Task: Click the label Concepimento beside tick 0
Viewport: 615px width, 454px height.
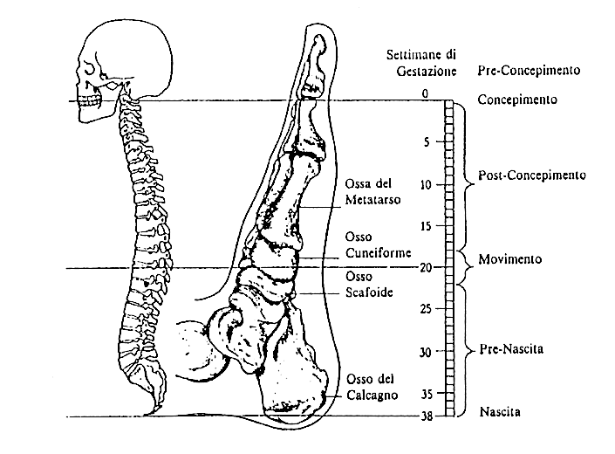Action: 517,100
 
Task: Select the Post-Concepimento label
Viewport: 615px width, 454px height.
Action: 531,175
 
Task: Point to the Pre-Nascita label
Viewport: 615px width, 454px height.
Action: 509,348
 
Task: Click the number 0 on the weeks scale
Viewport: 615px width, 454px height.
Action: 426,93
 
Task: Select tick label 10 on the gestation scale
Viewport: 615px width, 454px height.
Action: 425,184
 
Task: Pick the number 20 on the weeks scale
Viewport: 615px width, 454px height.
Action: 425,268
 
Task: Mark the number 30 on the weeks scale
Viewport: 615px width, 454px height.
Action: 425,352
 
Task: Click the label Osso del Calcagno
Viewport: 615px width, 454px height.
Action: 371,387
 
